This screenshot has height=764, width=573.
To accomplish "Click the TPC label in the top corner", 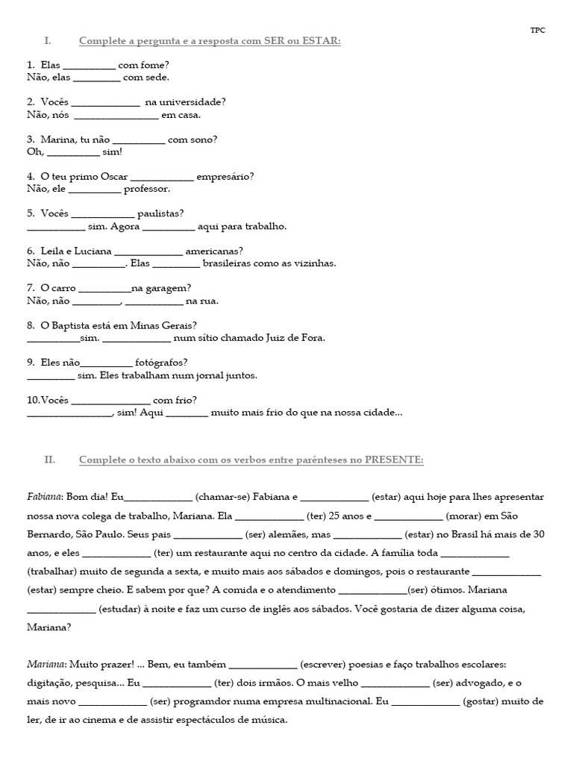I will [537, 30].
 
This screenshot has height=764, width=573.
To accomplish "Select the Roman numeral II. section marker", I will [50, 460].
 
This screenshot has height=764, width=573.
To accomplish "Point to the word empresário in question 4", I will [226, 177].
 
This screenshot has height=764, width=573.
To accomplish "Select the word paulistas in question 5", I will [161, 213].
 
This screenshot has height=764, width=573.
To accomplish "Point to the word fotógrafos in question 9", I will [156, 363].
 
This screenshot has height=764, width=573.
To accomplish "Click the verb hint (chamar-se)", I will [223, 497].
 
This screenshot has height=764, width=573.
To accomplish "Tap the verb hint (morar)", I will [466, 516].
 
